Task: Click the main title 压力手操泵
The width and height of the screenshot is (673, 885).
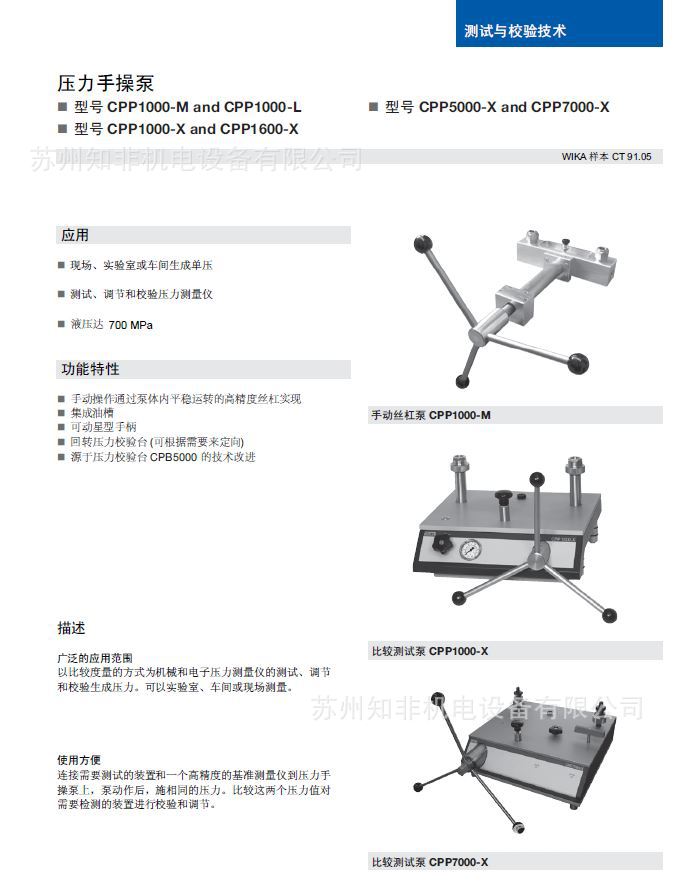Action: pyautogui.click(x=105, y=84)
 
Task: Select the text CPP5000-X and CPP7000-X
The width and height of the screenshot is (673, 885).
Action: pyautogui.click(x=513, y=107)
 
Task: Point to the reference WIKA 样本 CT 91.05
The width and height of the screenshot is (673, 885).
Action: pyautogui.click(x=607, y=157)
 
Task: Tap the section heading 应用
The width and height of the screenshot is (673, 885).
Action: pyautogui.click(x=76, y=235)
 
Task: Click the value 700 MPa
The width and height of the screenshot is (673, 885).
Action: pyautogui.click(x=130, y=325)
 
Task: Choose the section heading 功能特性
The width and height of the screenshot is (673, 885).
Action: pyautogui.click(x=90, y=369)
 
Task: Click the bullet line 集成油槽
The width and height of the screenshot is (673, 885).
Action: pyautogui.click(x=92, y=412)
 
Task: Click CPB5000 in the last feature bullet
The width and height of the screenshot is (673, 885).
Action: pyautogui.click(x=173, y=456)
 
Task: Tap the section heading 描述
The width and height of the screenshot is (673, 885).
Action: pyautogui.click(x=72, y=629)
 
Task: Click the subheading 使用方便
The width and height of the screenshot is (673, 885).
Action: pyautogui.click(x=79, y=760)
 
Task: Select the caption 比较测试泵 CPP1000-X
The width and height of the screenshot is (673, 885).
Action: pyautogui.click(x=429, y=651)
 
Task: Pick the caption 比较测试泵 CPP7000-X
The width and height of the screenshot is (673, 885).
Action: pyautogui.click(x=429, y=862)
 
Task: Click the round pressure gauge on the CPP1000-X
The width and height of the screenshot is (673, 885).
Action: pyautogui.click(x=468, y=551)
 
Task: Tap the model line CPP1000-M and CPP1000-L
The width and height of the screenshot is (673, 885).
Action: pyautogui.click(x=187, y=107)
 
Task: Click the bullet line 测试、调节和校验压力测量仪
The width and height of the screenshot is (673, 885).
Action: pyautogui.click(x=141, y=295)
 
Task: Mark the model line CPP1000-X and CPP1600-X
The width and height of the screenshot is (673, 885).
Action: pyautogui.click(x=186, y=129)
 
